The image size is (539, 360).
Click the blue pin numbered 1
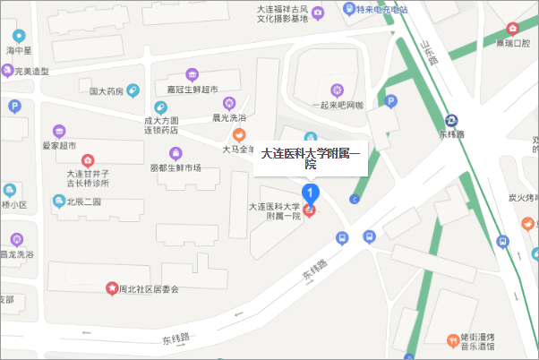point(311,193)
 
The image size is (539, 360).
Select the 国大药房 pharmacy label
point(106,90)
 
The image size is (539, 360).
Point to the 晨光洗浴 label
point(228,117)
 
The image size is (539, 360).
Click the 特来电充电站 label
point(381,10)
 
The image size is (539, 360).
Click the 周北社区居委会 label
point(149,289)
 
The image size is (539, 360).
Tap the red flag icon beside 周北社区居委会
point(112,288)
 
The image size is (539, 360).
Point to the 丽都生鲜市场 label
point(175,167)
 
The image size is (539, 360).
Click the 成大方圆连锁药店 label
point(161,124)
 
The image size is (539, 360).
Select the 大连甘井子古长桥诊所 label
point(88,178)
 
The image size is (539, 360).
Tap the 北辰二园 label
point(83,202)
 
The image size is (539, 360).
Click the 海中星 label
point(19,52)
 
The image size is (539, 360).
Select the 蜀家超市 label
point(59,145)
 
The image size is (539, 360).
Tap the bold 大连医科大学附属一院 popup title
point(310,157)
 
